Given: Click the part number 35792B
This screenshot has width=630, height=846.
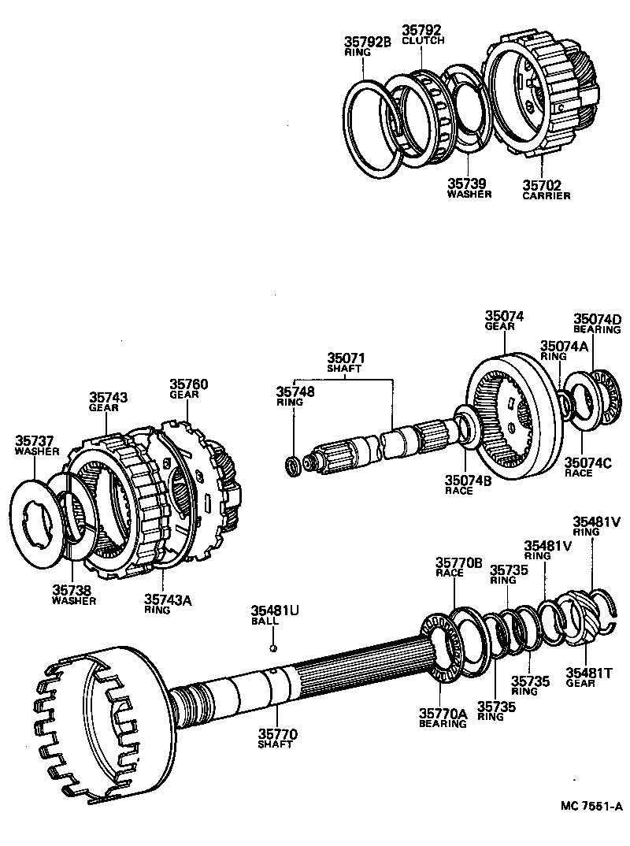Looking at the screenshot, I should coord(368,42).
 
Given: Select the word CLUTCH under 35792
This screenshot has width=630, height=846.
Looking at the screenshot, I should coord(423,40).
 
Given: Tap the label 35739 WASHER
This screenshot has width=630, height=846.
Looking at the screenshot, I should coord(469,188).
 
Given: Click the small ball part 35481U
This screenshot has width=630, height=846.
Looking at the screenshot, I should coord(272,648).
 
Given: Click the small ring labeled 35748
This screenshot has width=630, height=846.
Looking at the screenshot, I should coord(293,466).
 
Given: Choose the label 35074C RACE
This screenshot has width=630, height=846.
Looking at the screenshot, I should coord(584,468).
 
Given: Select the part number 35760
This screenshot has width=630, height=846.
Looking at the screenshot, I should coord(189,384).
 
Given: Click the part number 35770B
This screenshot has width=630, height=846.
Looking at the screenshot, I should coord(458,562).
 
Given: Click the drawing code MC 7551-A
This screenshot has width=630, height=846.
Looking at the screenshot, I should coord(591,806).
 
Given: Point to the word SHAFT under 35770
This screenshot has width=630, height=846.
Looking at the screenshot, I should coord(276,744).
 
